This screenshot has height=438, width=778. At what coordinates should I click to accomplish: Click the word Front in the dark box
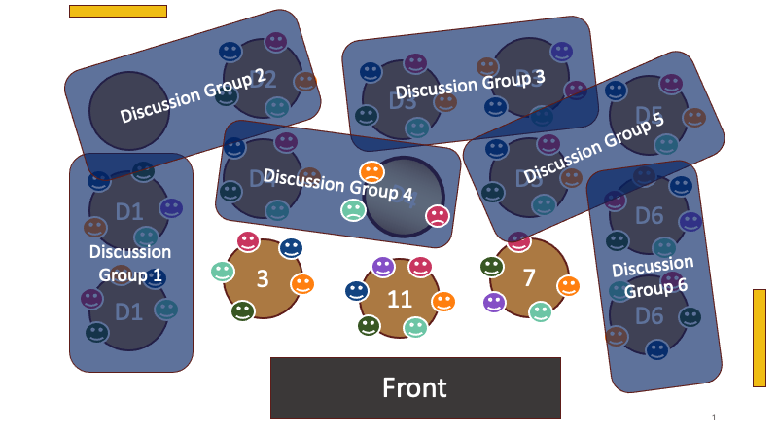(x=414, y=387)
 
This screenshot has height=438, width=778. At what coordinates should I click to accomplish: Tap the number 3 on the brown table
(x=262, y=279)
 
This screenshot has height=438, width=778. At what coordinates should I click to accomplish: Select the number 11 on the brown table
(x=400, y=298)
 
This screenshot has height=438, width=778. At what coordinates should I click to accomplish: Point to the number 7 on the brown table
(x=529, y=277)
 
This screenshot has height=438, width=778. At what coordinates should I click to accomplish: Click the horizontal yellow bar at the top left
(x=118, y=11)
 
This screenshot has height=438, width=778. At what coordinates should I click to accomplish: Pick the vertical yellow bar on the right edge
(x=760, y=338)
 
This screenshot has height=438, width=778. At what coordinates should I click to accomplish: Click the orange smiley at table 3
(x=302, y=284)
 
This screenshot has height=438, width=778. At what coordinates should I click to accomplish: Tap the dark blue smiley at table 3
(x=291, y=248)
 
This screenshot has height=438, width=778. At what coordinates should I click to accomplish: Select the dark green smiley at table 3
(x=242, y=310)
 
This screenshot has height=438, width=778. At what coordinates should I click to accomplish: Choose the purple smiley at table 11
(x=383, y=266)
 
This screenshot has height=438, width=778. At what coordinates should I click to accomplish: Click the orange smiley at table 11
(x=443, y=301)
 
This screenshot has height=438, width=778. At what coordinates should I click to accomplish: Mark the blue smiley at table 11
(x=356, y=290)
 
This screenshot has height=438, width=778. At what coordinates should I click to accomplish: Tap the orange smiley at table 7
(x=568, y=285)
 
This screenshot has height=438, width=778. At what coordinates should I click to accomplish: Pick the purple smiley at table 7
(x=494, y=302)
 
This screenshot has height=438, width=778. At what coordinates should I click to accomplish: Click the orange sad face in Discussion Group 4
(x=371, y=172)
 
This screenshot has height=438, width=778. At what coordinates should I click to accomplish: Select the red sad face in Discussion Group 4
(x=438, y=216)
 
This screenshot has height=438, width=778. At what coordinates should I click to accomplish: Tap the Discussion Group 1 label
(x=130, y=263)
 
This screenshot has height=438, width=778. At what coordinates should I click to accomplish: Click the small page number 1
(x=714, y=418)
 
